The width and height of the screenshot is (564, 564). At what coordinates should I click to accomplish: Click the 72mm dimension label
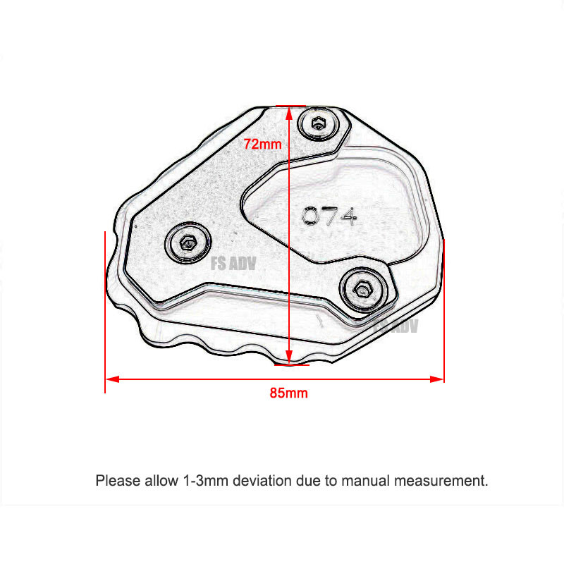[x=262, y=144]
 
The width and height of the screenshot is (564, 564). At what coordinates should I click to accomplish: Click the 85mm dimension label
[x=288, y=393]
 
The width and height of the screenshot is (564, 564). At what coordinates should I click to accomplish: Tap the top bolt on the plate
[x=319, y=125]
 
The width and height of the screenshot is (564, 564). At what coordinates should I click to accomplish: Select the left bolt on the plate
[x=188, y=244]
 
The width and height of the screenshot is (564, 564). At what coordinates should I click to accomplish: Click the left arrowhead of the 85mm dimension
[x=111, y=379]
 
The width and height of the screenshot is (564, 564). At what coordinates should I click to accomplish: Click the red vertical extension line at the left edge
[x=105, y=310]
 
